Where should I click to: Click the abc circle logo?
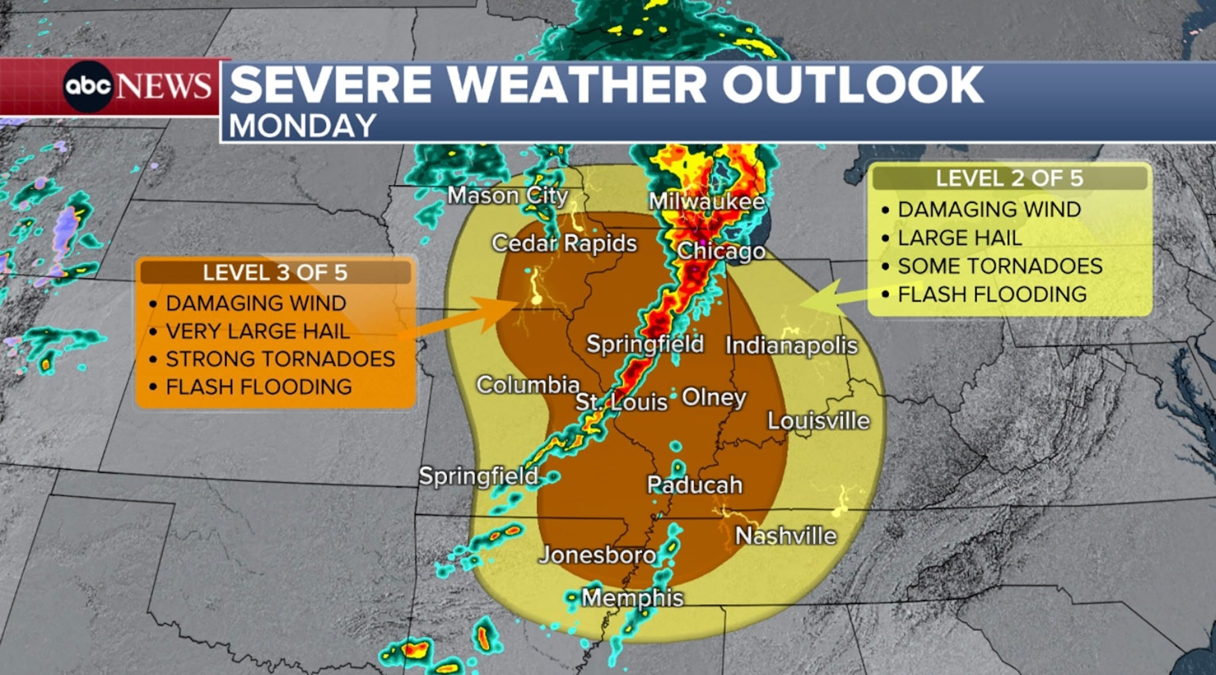coord(88,86)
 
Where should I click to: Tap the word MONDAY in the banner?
coord(302,126)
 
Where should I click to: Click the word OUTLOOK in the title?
coord(852,85)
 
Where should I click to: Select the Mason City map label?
coord(507,196)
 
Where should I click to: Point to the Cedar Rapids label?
coord(564,243)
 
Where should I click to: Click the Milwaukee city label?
coord(707,202)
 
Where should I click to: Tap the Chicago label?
coord(721,251)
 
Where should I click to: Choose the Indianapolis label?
coord(792,345)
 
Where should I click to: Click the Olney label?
coord(714,397)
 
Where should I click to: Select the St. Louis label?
coord(621,402)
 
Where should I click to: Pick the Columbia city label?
coord(528,385)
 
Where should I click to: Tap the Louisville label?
coord(819,421)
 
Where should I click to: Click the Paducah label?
coord(694,484)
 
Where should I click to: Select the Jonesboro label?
coord(598,555)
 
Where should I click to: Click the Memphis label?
coord(633,598)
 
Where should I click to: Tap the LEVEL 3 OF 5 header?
coord(275,273)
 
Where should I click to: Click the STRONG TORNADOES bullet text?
coord(280,359)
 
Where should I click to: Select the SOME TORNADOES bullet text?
coord(1000,266)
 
